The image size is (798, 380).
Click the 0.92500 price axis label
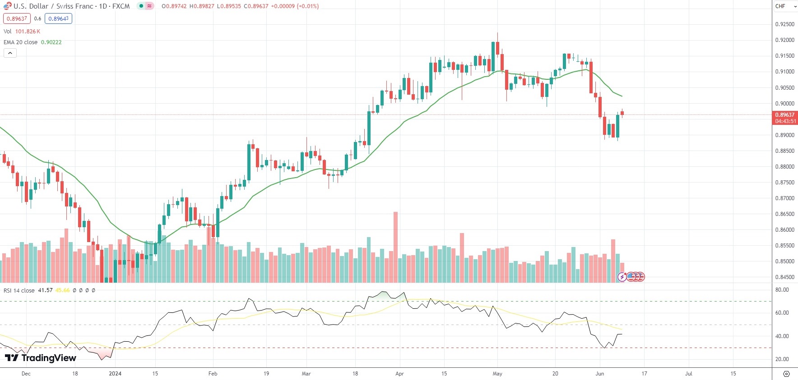784,24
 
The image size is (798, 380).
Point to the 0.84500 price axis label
784,277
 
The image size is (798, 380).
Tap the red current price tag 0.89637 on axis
785,115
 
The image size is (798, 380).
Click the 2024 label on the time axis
115,374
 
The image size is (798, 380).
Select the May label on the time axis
497,374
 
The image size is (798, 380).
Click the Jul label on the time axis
689,374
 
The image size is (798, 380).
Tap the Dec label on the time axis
26,374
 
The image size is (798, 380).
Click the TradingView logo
41,358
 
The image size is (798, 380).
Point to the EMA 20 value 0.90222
51,42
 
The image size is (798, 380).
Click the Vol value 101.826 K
28,32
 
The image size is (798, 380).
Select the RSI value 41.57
45,291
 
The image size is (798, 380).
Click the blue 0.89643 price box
58,18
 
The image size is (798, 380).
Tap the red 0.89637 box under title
17,18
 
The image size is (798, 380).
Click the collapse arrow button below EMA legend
10,53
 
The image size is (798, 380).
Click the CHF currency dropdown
785,6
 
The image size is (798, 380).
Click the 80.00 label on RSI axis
782,290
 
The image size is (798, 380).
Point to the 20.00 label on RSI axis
782,359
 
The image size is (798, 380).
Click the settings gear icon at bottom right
786,374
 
